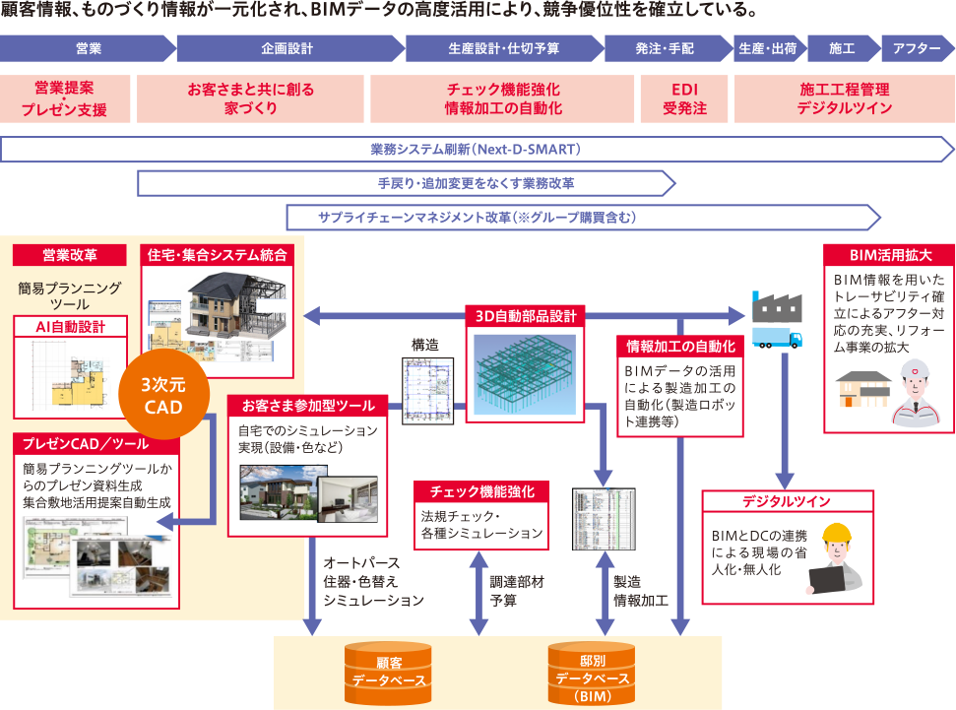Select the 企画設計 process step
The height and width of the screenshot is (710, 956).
coord(287,47)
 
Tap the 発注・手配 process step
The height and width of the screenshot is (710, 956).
coord(665,47)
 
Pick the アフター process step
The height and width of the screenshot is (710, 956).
coord(917,47)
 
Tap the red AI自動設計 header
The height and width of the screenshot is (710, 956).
coord(70,326)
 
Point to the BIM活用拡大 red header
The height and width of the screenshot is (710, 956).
coord(887,254)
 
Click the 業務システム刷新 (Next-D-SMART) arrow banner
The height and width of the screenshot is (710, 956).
coord(477,150)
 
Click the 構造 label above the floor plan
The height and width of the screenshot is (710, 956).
coord(425,345)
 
